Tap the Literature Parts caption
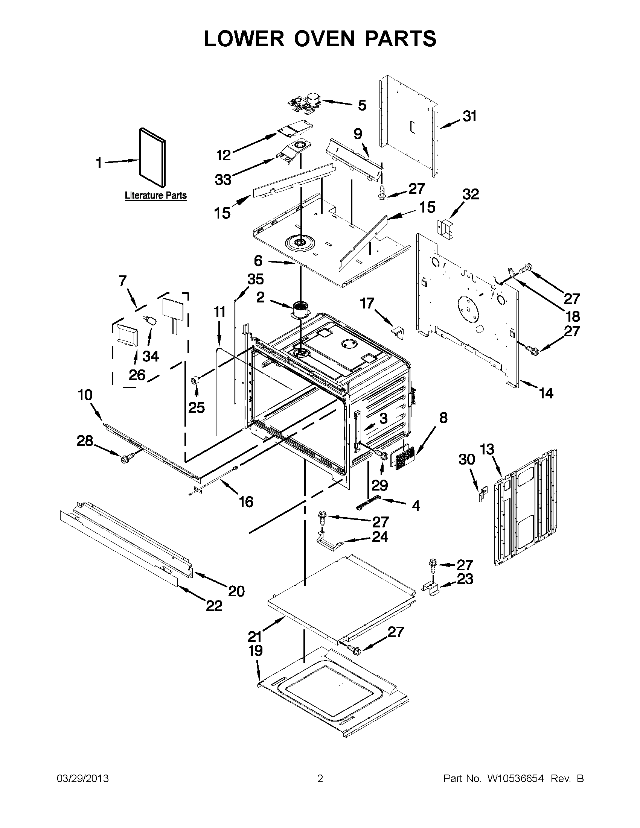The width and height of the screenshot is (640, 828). click(x=155, y=196)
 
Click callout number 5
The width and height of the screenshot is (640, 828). click(x=362, y=105)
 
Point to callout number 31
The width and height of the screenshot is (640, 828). click(x=470, y=116)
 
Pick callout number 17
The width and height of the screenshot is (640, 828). click(x=367, y=303)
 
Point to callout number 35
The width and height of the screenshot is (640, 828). click(x=255, y=280)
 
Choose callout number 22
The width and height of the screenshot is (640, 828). click(x=214, y=606)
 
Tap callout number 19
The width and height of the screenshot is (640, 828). click(x=255, y=650)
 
